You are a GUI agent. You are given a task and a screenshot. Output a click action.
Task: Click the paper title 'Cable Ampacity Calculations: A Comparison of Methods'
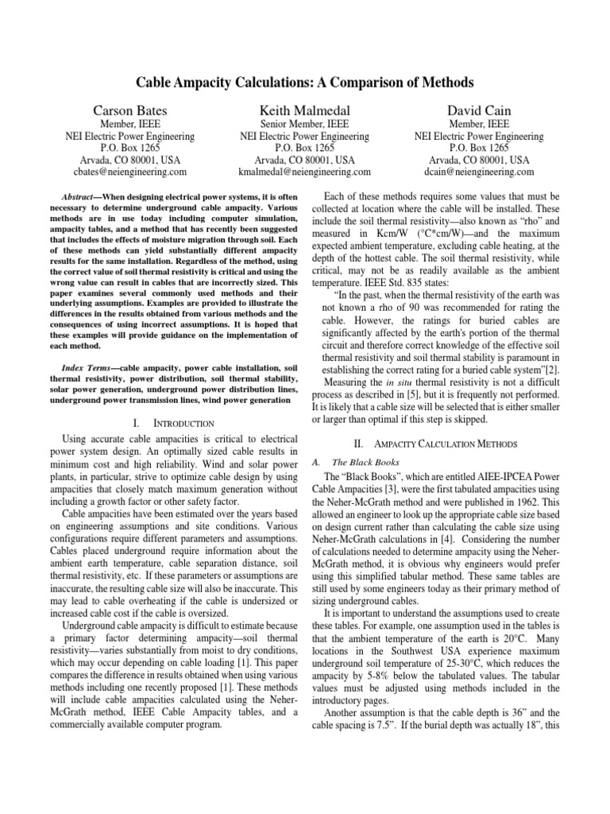pyautogui.click(x=305, y=82)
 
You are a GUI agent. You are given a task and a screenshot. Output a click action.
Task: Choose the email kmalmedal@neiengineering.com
pyautogui.click(x=306, y=171)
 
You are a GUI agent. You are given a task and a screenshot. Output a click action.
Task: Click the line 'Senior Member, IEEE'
pyautogui.click(x=306, y=124)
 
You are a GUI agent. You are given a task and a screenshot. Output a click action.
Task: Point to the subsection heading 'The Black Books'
pyautogui.click(x=366, y=461)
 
